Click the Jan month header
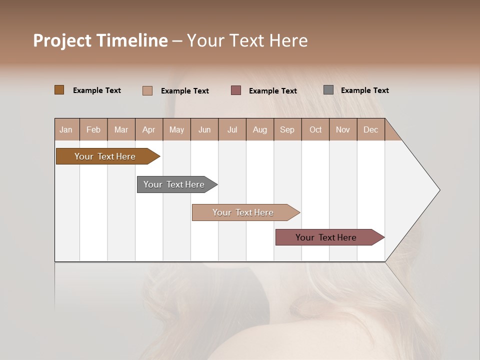66,129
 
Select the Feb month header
93,129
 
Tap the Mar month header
121,129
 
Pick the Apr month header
149,129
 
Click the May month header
176,129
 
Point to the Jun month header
204,129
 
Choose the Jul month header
232,129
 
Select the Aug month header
260,129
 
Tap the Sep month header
287,129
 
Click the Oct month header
315,129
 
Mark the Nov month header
343,129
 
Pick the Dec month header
370,129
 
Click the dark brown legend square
59,90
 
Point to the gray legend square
328,90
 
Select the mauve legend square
236,90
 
